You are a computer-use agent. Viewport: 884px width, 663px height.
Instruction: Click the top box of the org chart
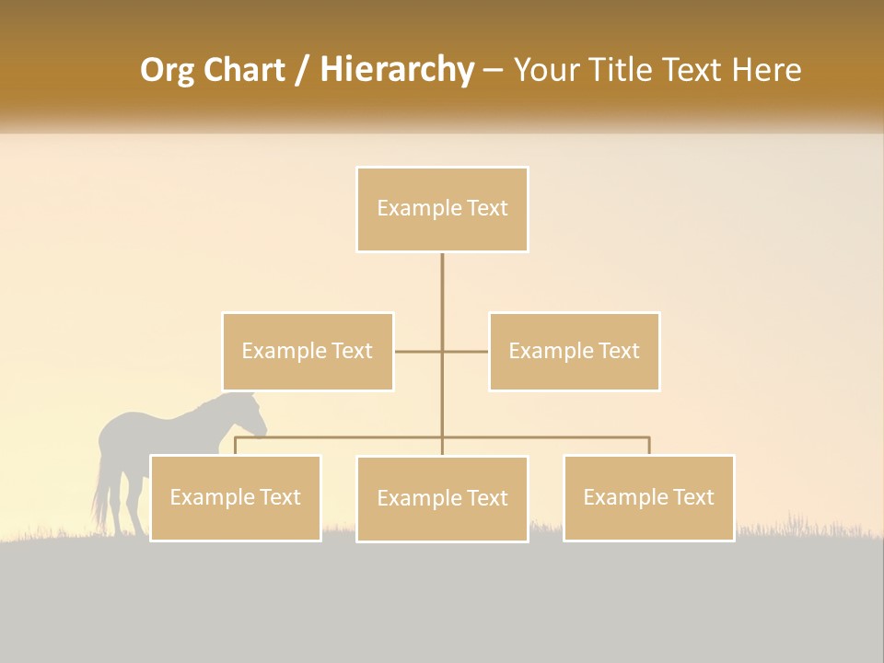pyautogui.click(x=442, y=209)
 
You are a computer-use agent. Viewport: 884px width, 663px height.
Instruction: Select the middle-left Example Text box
pyautogui.click(x=308, y=351)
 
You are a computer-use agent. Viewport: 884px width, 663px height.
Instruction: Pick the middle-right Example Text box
pyautogui.click(x=574, y=351)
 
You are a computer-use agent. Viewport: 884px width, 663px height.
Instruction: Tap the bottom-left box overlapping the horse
pyautogui.click(x=236, y=497)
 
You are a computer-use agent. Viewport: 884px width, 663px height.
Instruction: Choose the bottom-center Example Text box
pyautogui.click(x=442, y=498)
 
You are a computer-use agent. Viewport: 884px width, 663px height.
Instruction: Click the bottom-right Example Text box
pyautogui.click(x=648, y=497)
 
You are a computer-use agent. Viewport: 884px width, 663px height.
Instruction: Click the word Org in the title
pyautogui.click(x=167, y=70)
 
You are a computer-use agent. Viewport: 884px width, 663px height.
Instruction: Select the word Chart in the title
pyautogui.click(x=243, y=70)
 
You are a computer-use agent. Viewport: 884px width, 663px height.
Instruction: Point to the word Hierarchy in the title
pyautogui.click(x=396, y=70)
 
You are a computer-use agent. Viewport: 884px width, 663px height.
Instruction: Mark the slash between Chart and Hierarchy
pyautogui.click(x=302, y=70)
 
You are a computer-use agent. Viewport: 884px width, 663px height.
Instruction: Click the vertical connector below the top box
pyautogui.click(x=442, y=285)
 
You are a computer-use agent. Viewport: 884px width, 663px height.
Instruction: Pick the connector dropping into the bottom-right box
pyautogui.click(x=649, y=446)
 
